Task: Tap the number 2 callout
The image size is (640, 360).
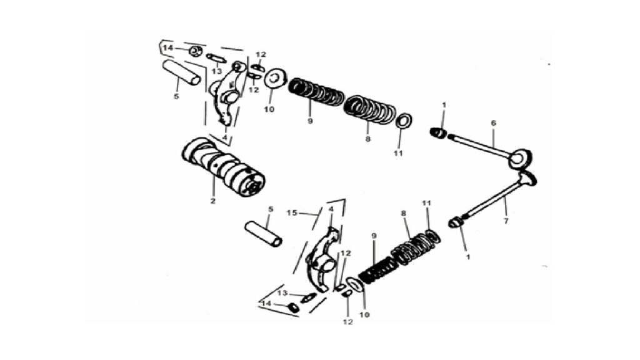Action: pos(212,201)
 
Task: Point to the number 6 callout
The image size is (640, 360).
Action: pos(493,123)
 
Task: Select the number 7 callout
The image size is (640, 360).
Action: pos(506,221)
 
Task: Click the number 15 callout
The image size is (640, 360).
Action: pos(292,212)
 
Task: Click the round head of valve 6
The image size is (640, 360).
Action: pos(521,158)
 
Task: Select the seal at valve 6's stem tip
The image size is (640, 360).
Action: pos(438,132)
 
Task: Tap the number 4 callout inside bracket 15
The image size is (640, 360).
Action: pos(331,209)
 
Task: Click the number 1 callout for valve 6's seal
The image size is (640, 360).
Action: pos(444,105)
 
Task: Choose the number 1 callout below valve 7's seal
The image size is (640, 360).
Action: pos(468,257)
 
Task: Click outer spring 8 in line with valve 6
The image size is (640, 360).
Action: pos(370,109)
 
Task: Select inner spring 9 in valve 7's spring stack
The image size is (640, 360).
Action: pos(378,271)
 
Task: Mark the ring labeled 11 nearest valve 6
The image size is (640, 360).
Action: pos(404,121)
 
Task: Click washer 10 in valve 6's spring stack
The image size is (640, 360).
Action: pos(275,77)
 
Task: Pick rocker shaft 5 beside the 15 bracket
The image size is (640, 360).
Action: pos(263,234)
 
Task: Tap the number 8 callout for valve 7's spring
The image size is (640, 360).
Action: pos(403,213)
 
